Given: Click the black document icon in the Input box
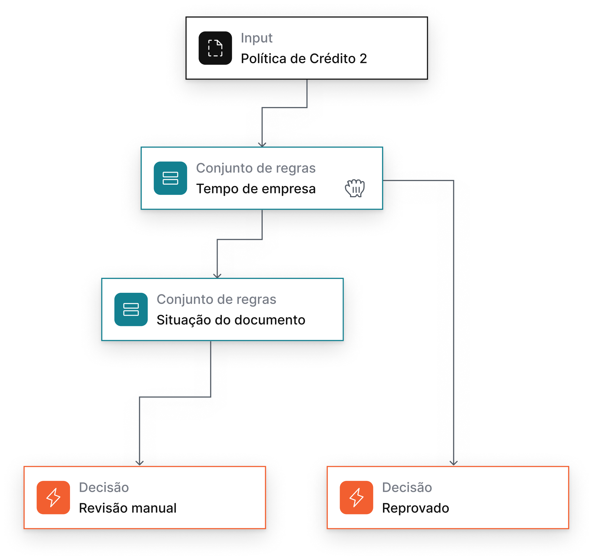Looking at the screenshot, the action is (x=215, y=48).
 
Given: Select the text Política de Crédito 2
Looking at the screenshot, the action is (x=304, y=58).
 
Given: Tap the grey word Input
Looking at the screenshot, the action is (x=256, y=38).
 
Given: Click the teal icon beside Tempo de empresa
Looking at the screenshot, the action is (x=170, y=178).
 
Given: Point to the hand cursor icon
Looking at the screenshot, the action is (x=355, y=188).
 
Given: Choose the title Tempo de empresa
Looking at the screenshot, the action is (x=256, y=189).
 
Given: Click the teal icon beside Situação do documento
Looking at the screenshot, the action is (x=131, y=309).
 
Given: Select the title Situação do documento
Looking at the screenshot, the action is (x=231, y=320).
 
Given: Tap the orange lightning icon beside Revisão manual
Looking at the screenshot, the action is (x=53, y=497).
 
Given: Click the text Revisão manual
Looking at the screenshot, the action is (x=128, y=508).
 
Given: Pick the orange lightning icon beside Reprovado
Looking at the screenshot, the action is (x=356, y=497).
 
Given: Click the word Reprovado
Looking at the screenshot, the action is (x=415, y=508).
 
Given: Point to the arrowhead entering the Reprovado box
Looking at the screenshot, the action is (x=453, y=463).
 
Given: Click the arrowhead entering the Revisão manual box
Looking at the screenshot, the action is (x=139, y=463).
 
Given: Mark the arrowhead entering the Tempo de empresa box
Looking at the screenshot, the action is (x=262, y=144).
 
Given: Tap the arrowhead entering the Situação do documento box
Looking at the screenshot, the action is (x=217, y=276).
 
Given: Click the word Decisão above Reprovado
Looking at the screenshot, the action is (x=407, y=487).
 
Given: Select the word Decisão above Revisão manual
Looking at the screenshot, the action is (x=104, y=487).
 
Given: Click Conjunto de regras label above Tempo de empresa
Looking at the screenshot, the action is (x=256, y=168).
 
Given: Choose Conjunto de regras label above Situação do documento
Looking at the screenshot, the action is (x=216, y=299).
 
